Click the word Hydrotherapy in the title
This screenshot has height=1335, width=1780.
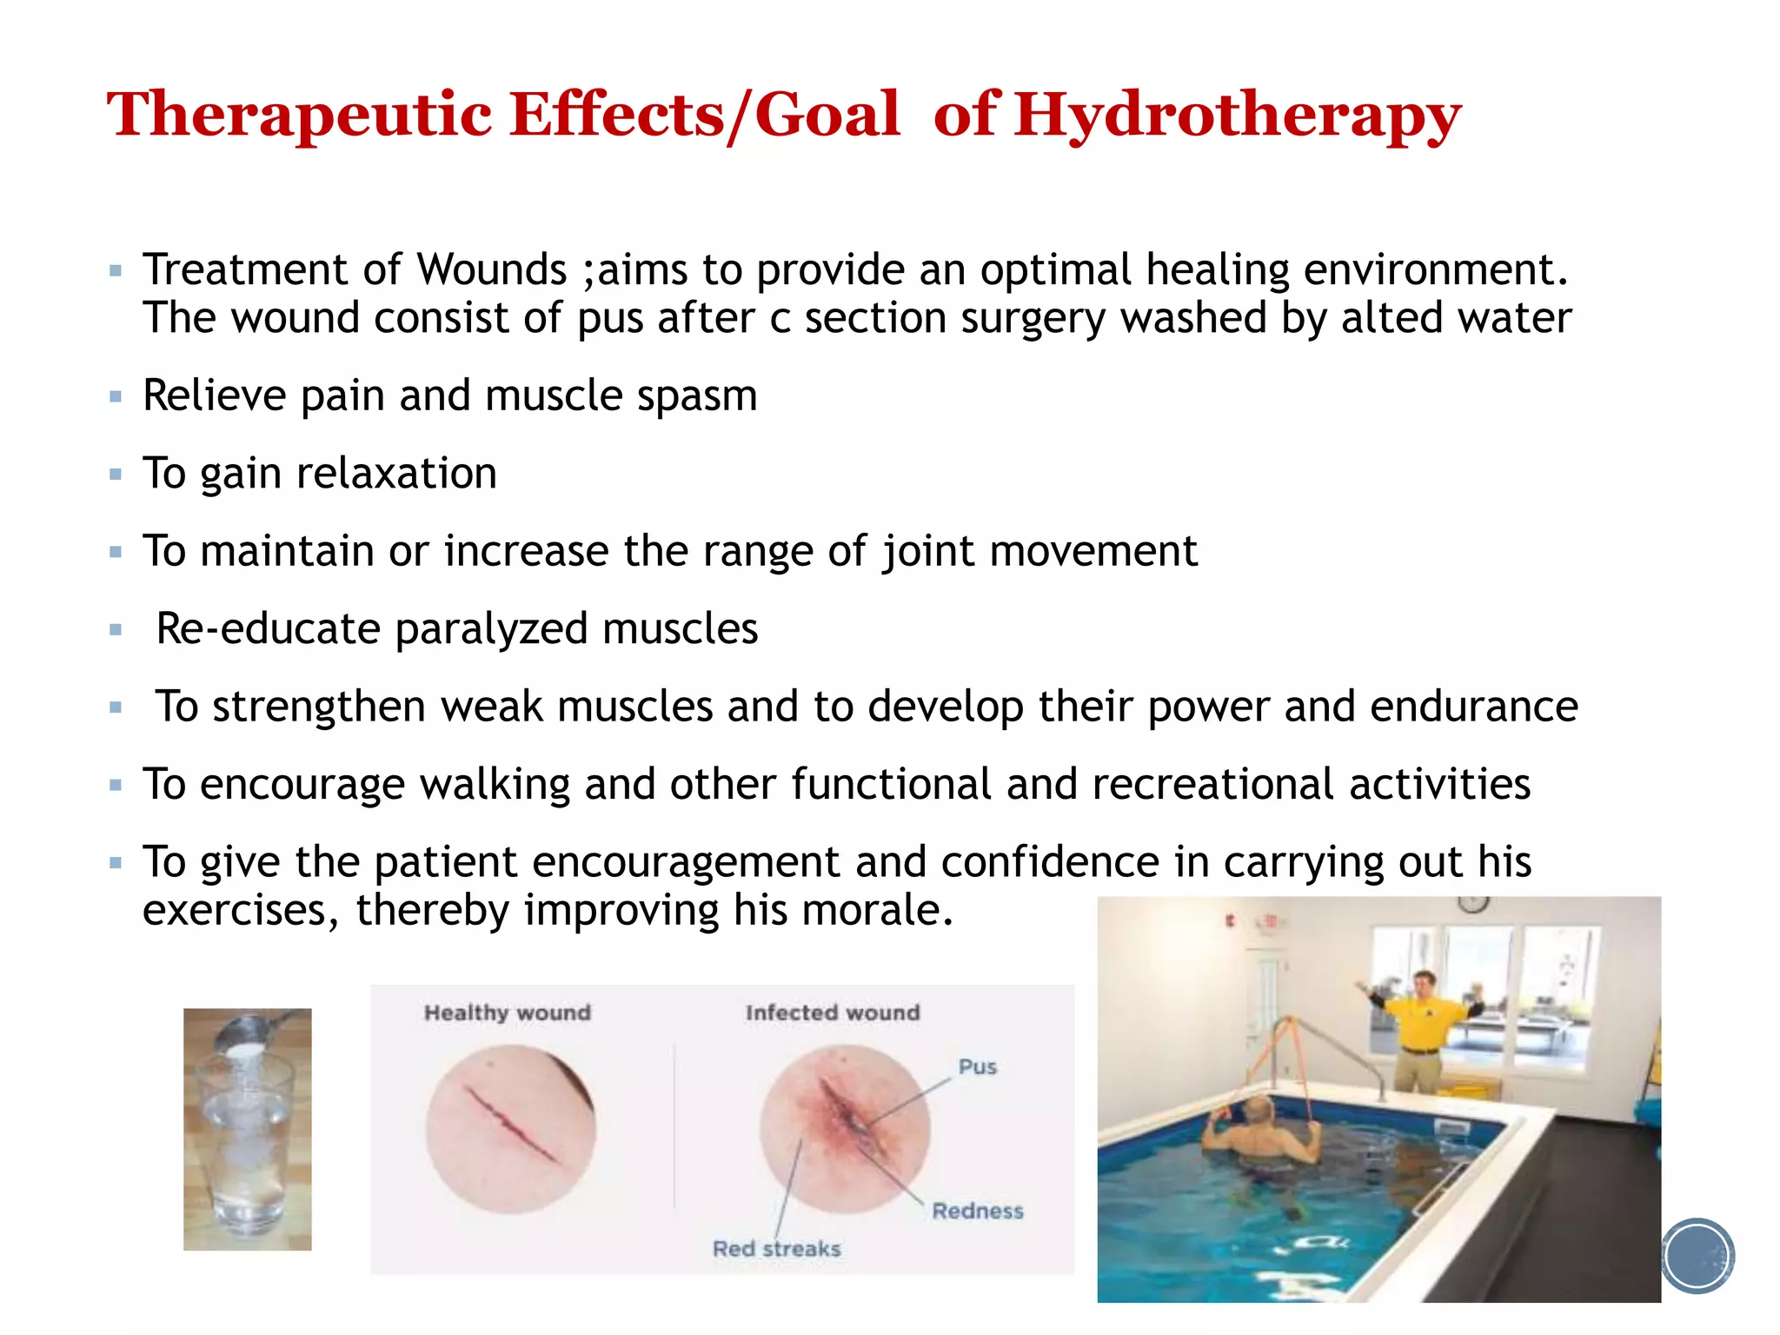click(x=1237, y=116)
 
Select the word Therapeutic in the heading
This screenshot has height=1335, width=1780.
click(x=300, y=116)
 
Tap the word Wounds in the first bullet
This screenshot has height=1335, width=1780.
click(x=492, y=269)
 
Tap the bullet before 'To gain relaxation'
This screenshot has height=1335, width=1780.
click(x=116, y=475)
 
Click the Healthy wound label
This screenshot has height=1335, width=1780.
click(x=508, y=1013)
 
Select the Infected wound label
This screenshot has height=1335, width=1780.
click(x=833, y=1013)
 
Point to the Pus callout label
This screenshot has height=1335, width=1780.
click(x=977, y=1066)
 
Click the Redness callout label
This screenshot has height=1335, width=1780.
click(x=978, y=1211)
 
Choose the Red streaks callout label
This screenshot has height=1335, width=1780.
click(x=777, y=1249)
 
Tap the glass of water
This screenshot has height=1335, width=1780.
click(x=247, y=1147)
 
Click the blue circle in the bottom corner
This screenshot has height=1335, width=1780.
click(x=1697, y=1256)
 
